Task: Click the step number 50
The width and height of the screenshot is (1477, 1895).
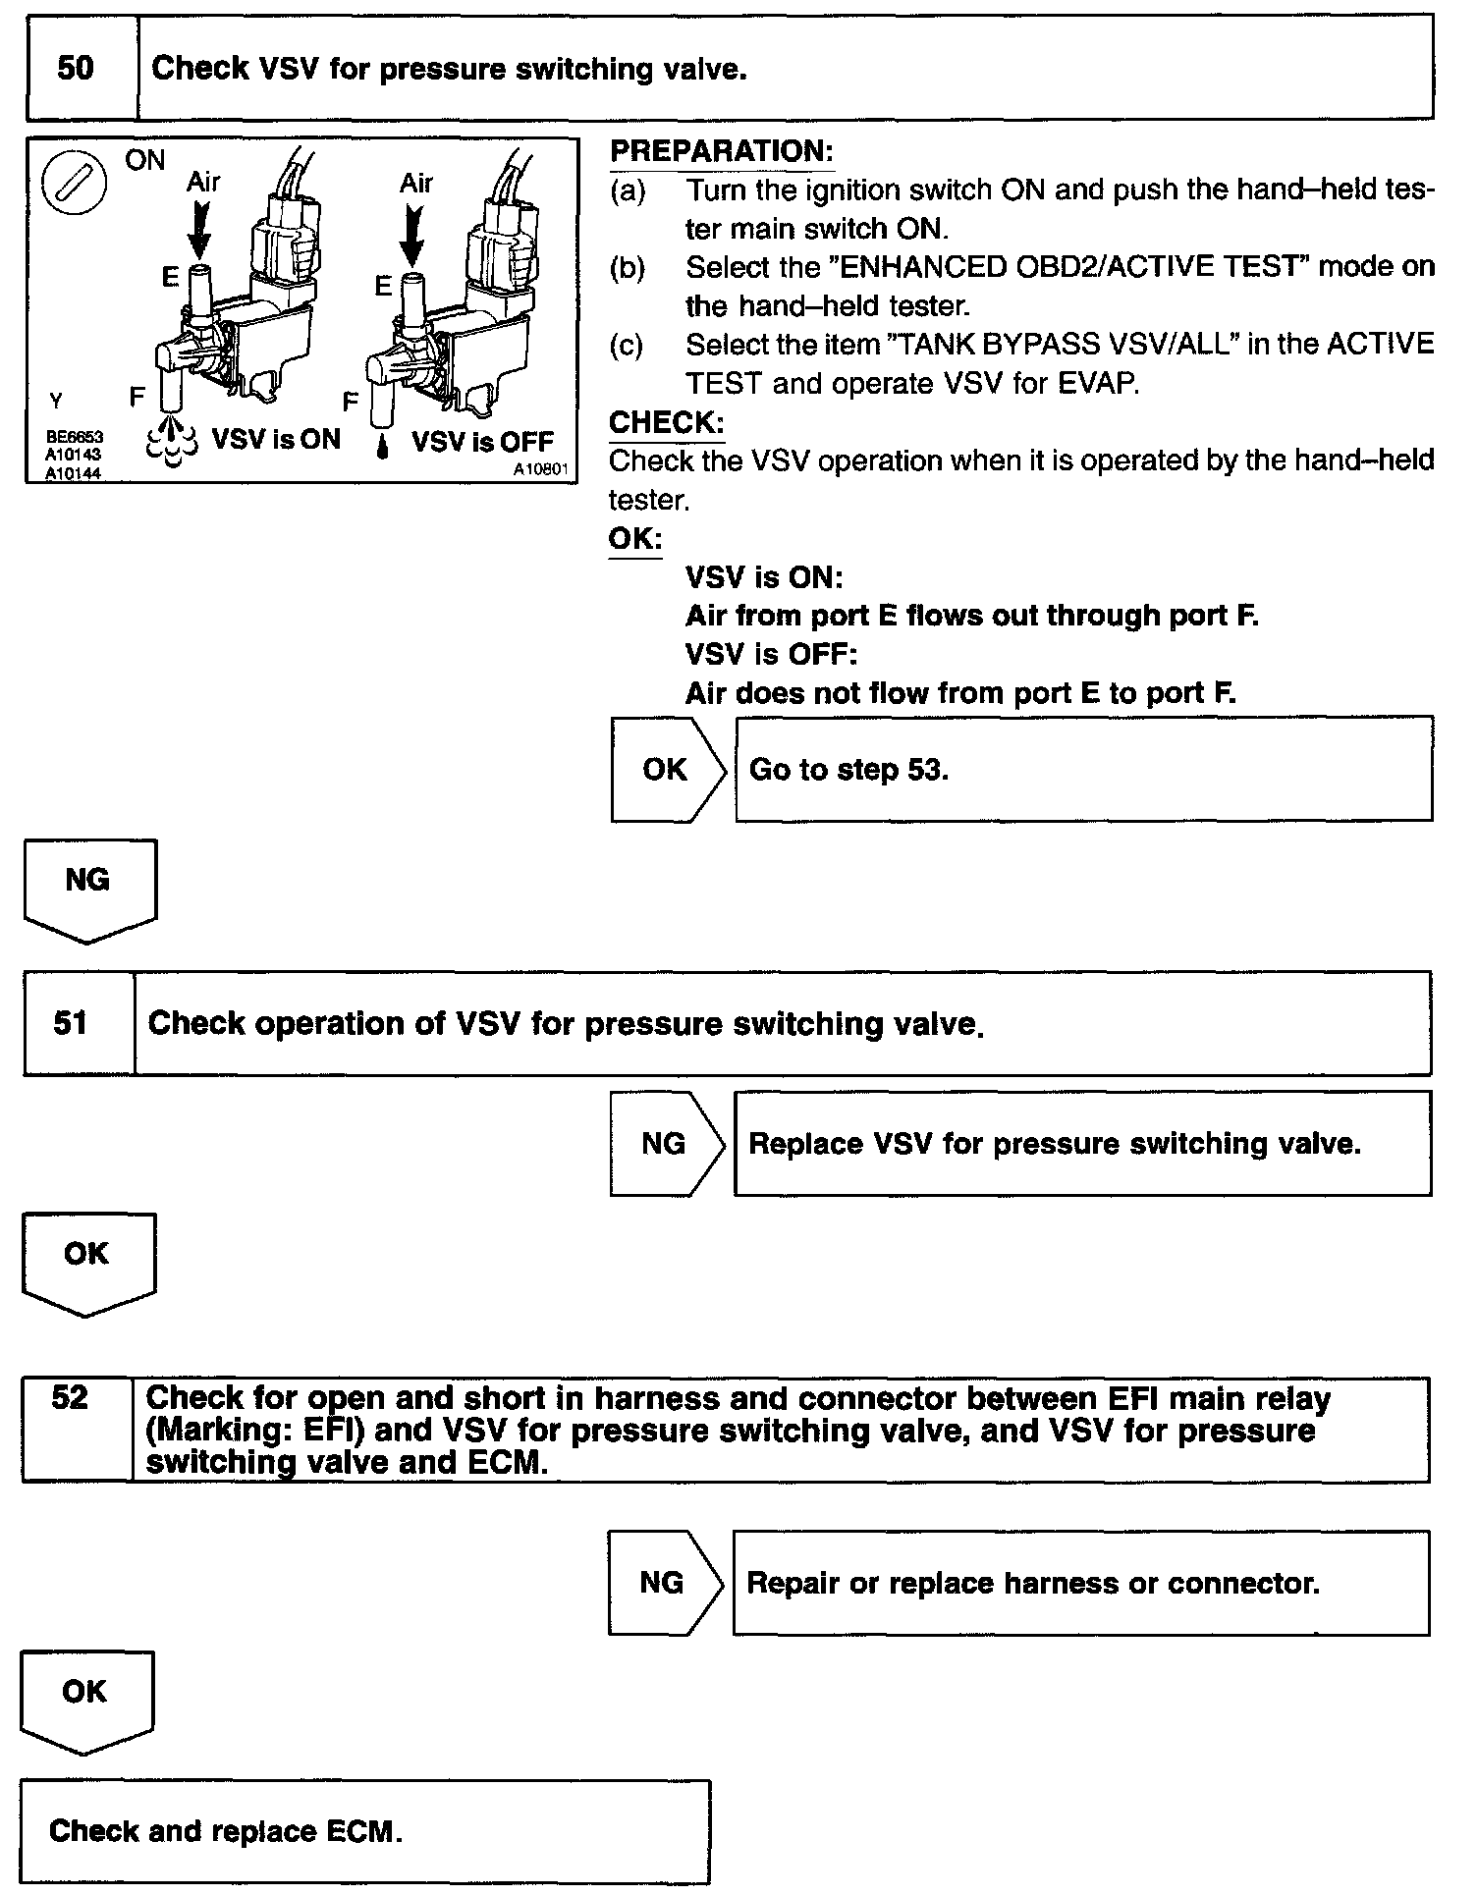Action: point(76,68)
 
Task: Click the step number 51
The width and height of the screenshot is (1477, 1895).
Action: point(71,1023)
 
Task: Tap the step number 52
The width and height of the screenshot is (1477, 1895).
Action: point(70,1397)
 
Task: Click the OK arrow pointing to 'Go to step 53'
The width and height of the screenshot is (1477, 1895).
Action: point(668,770)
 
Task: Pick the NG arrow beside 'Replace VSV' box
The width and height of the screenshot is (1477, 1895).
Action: point(666,1143)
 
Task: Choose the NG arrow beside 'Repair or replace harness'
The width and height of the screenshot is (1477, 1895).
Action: point(664,1582)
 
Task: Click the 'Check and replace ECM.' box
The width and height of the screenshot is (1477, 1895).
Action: point(364,1831)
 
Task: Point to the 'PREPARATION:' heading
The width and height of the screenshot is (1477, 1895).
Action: point(722,151)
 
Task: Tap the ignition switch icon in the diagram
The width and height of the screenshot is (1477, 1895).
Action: point(75,184)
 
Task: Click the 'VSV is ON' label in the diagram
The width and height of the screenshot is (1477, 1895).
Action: point(276,439)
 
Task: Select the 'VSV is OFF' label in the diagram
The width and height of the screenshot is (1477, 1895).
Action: point(482,442)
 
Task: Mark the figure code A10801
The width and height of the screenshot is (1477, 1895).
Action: point(540,469)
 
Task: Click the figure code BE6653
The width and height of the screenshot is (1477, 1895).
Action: point(75,437)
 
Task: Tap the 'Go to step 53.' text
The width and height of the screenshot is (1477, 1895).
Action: point(848,770)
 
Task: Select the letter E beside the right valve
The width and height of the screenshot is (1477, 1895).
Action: point(383,286)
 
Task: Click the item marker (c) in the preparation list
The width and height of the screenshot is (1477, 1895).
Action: point(627,345)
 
